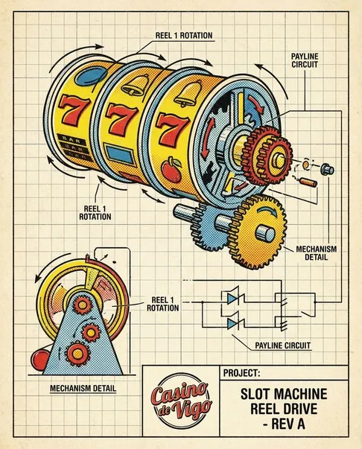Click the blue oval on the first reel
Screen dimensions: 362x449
pos(90,76)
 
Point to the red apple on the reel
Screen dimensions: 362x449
pos(171,170)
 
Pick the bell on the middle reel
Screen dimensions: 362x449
pos(135,85)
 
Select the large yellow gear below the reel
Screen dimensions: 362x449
pos(259,232)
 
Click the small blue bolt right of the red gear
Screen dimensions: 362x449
pos(327,169)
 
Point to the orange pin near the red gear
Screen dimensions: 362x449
pos(308,182)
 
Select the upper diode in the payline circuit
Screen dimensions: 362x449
pos(233,299)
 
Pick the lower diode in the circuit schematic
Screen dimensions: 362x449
pos(233,324)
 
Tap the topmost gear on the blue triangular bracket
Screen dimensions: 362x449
pos(83,305)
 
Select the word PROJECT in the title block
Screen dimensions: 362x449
pos(242,373)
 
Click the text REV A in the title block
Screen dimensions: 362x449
pos(284,424)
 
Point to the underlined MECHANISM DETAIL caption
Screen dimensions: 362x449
pos(83,389)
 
